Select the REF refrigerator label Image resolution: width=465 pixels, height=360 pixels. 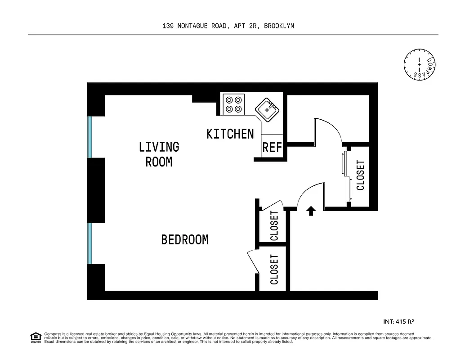(x=272, y=148)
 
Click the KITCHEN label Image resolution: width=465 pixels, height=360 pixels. (x=230, y=134)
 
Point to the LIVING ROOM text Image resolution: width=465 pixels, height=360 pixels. (x=159, y=154)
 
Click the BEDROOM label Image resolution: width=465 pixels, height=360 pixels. (x=185, y=240)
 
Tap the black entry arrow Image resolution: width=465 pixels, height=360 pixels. (x=310, y=211)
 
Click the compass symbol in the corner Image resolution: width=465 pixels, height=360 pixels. (x=420, y=65)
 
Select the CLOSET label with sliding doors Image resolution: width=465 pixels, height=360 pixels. (x=360, y=175)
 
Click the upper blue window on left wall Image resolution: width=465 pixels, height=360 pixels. (x=89, y=137)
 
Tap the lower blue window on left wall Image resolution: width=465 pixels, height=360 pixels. (x=89, y=243)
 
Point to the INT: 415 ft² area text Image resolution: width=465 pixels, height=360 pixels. (x=398, y=321)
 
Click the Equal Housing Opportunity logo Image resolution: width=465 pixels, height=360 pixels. (x=36, y=337)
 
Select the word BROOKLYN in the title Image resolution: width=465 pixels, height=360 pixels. (x=279, y=26)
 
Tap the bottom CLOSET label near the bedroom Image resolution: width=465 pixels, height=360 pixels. (x=274, y=270)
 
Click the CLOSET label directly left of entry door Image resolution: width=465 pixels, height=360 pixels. (x=274, y=226)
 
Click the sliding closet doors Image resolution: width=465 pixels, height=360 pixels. (x=348, y=176)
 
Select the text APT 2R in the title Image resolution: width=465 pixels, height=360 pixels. (x=245, y=26)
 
